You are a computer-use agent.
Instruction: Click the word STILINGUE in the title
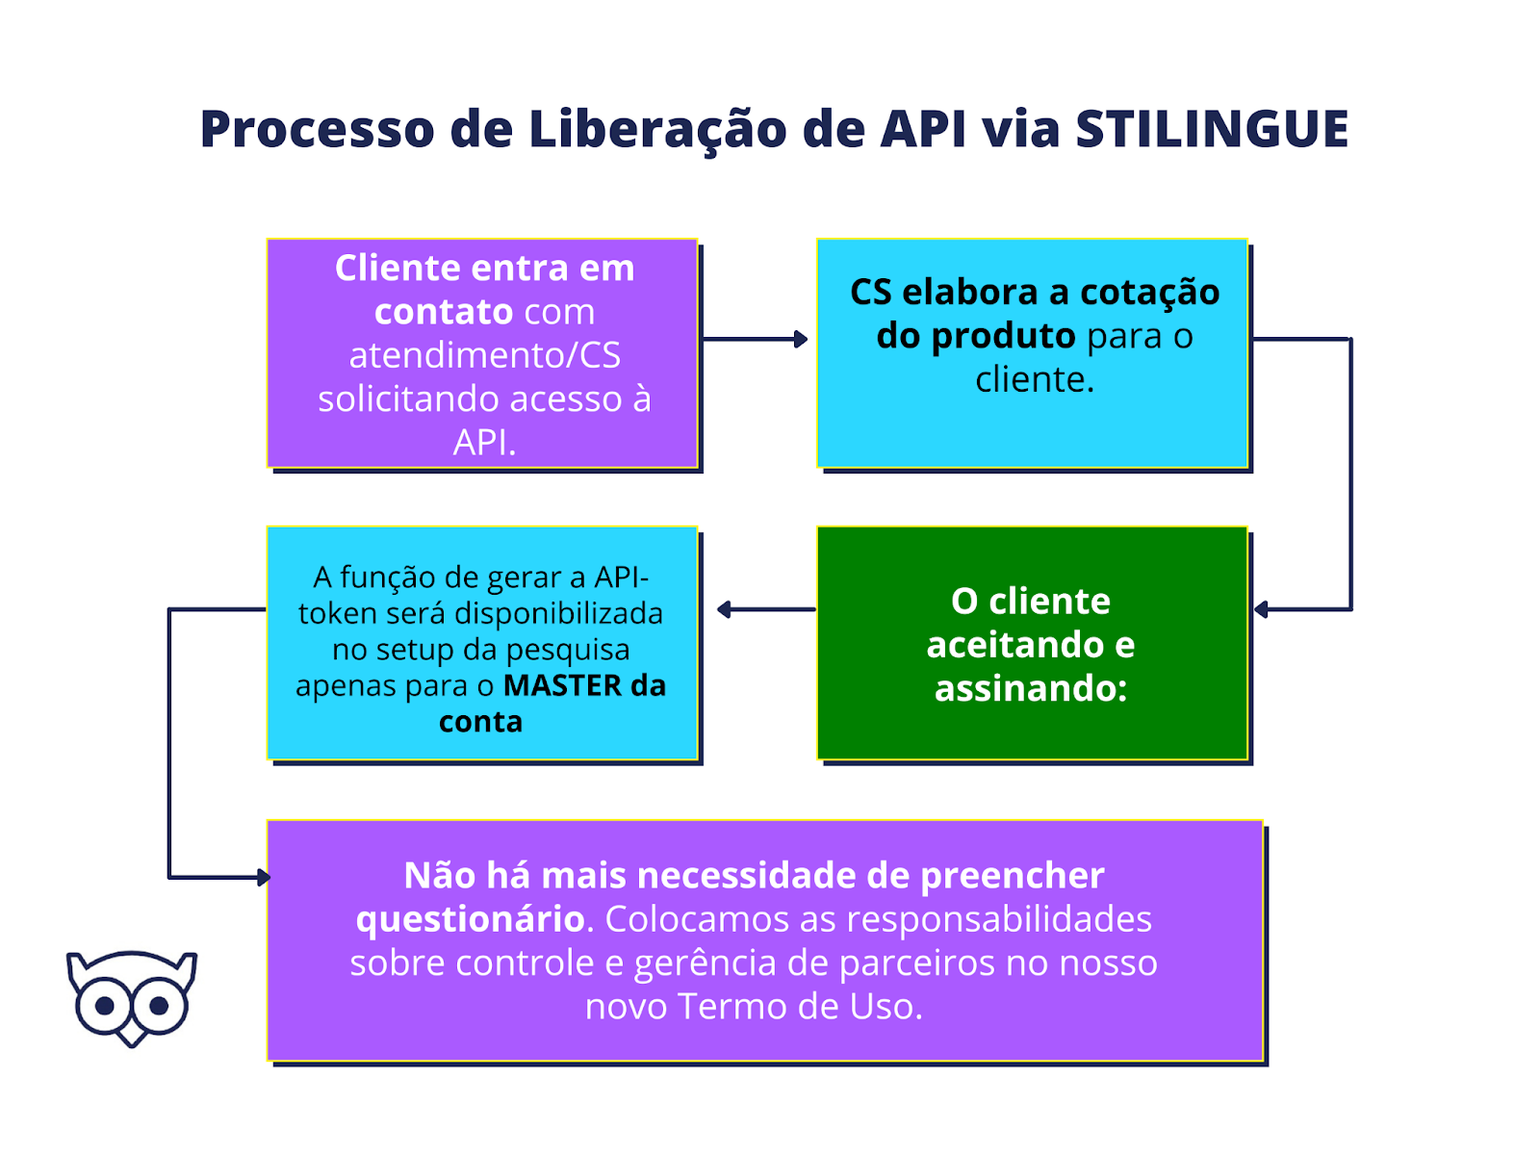pos(1212,129)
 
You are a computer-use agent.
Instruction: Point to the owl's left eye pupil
pos(106,1006)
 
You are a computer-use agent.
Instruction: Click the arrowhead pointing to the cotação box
pos(801,339)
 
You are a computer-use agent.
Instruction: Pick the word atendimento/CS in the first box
pos(484,355)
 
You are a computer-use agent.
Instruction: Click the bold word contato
pos(444,312)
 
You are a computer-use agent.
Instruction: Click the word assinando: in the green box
pos(1031,688)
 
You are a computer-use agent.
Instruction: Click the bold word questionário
pos(470,919)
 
